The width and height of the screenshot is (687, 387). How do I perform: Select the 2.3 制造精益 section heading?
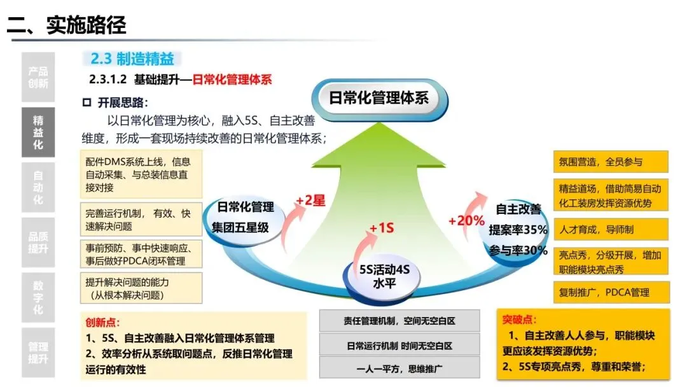(132, 59)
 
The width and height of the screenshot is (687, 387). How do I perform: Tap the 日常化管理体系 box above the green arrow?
(379, 98)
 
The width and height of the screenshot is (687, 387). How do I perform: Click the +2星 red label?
(310, 201)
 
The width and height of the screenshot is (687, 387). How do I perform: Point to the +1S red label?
(382, 227)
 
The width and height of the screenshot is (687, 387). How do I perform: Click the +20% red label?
(466, 221)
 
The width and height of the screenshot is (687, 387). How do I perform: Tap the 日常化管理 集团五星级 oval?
(245, 216)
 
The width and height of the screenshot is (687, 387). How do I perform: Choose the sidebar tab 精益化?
(38, 132)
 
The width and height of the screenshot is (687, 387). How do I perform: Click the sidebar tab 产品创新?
(38, 77)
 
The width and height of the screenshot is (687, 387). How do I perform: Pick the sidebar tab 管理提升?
(38, 353)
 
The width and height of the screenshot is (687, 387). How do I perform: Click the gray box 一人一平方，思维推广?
(399, 369)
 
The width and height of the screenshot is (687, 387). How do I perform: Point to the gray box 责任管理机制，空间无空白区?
(399, 322)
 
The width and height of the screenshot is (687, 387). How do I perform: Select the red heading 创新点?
(102, 323)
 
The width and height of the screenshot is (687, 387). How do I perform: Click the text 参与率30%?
(518, 250)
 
